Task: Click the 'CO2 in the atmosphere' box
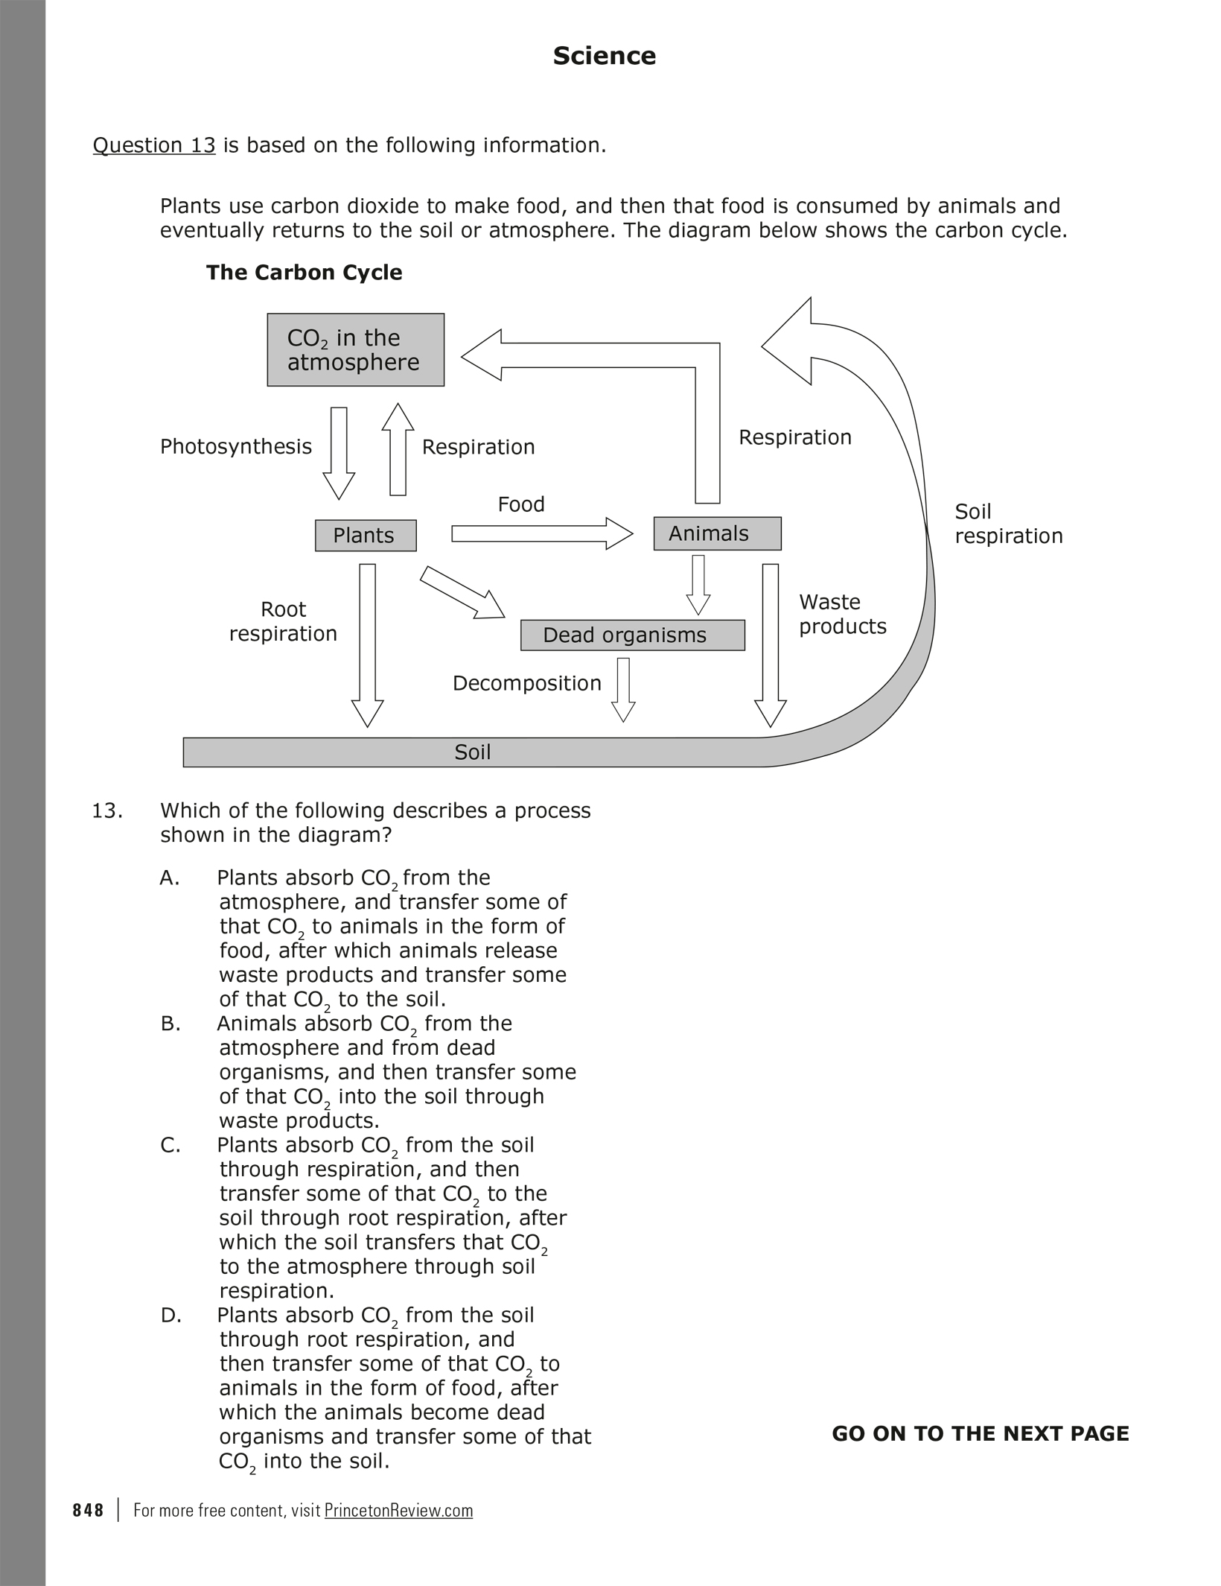(x=355, y=349)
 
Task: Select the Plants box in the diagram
(x=365, y=535)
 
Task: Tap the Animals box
(x=716, y=533)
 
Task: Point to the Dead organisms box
(x=632, y=635)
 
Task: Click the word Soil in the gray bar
(x=472, y=752)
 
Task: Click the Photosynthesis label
(x=236, y=446)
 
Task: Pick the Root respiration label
(x=283, y=621)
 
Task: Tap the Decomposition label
(x=526, y=683)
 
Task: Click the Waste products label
(x=842, y=614)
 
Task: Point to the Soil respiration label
(x=1008, y=524)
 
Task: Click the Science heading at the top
(x=604, y=56)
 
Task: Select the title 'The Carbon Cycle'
(x=304, y=273)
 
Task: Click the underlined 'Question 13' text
(x=154, y=145)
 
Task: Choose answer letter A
(x=170, y=878)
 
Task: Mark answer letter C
(x=170, y=1145)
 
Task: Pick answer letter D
(x=170, y=1316)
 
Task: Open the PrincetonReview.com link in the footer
(x=398, y=1510)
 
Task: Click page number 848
(x=89, y=1510)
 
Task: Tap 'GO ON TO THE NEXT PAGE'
(x=980, y=1433)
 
